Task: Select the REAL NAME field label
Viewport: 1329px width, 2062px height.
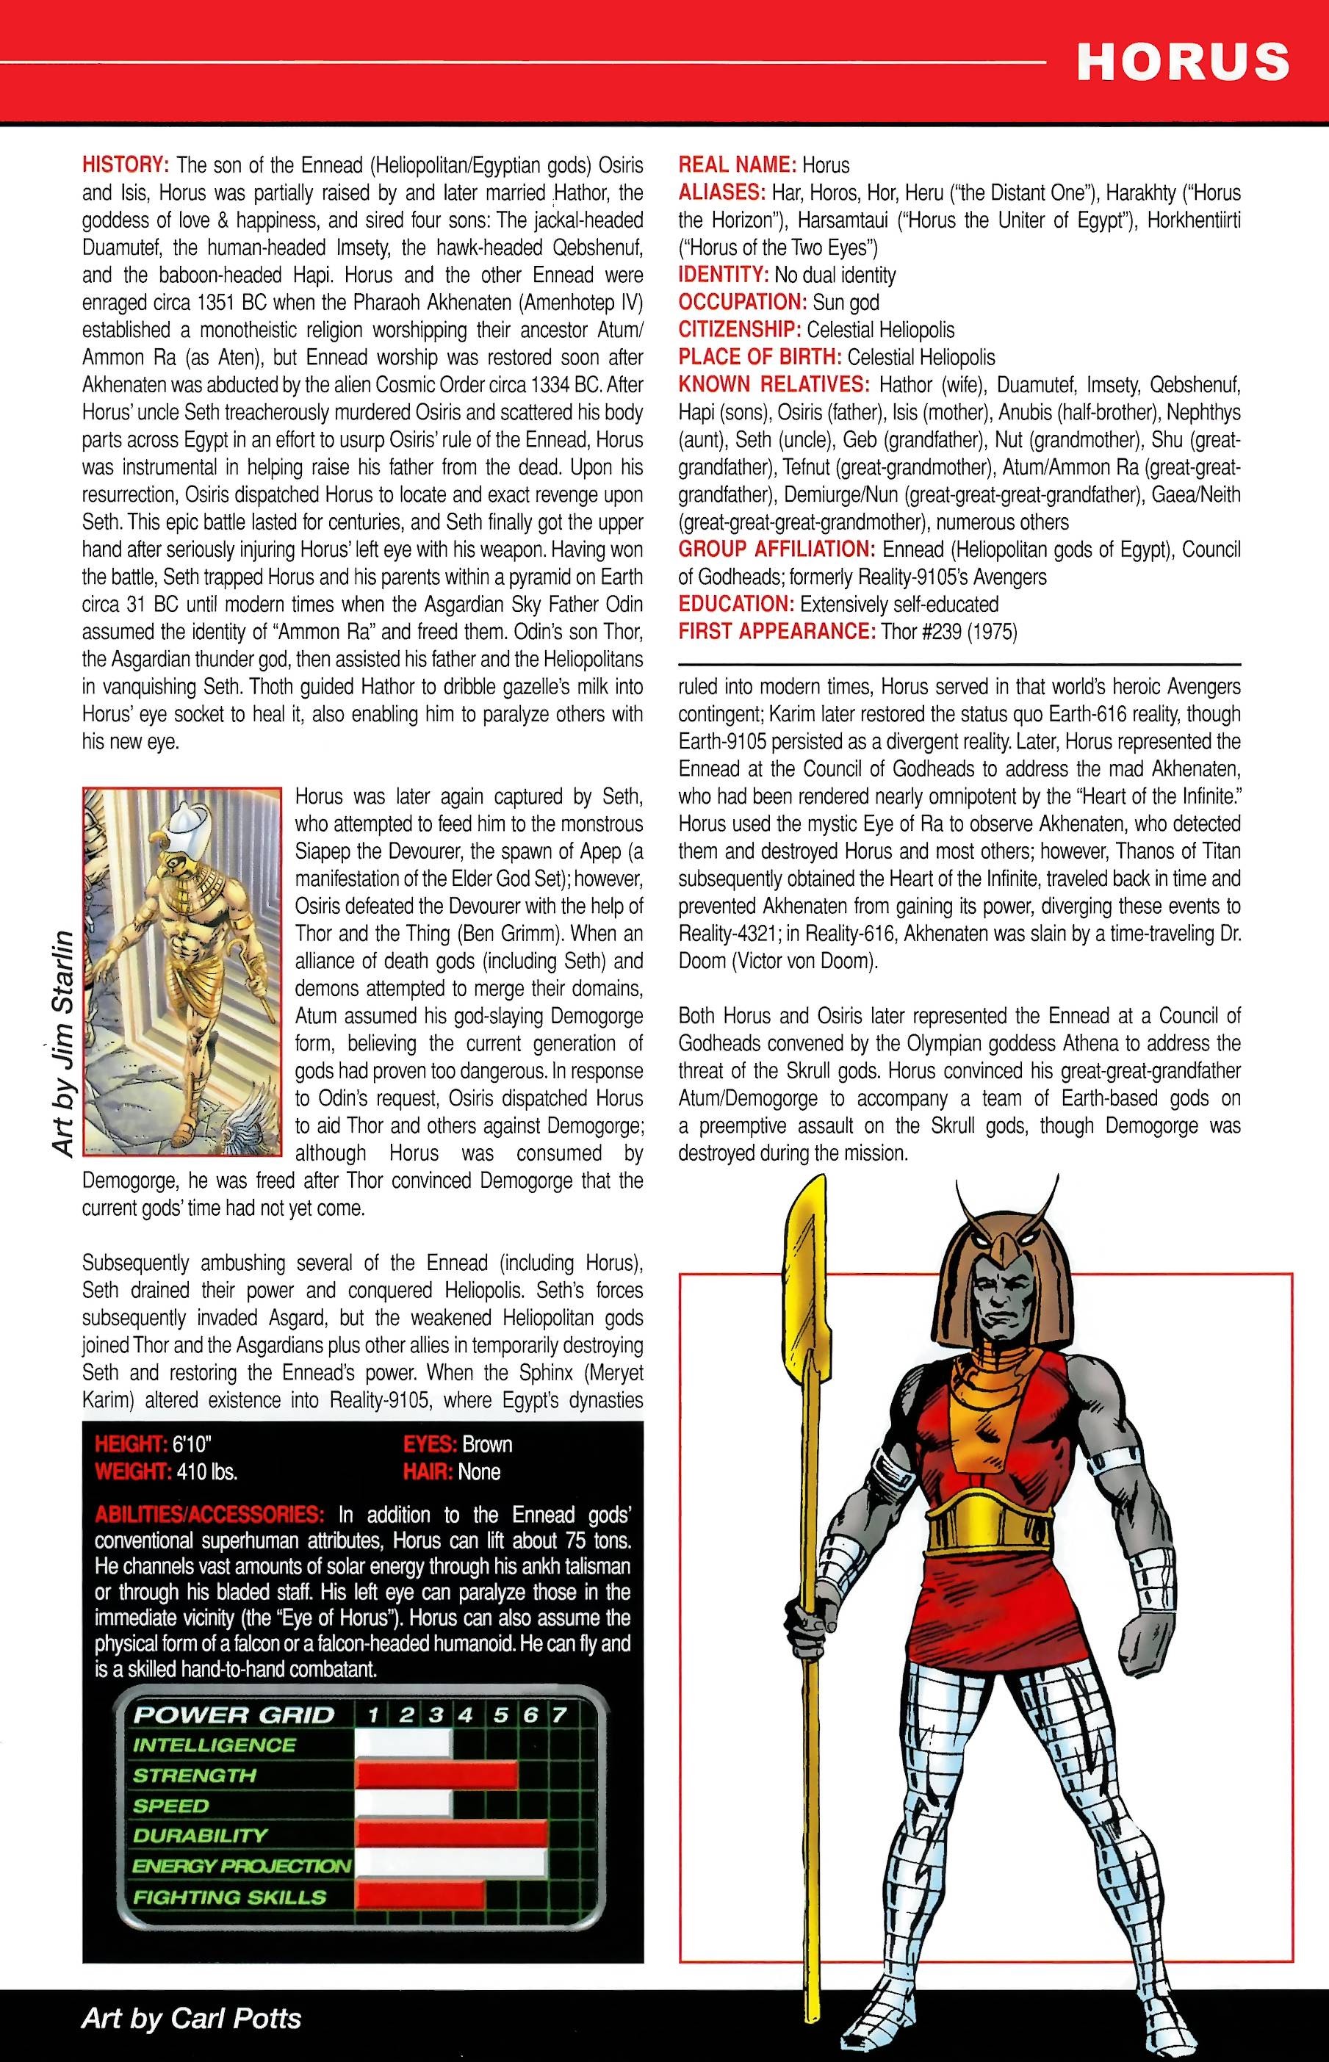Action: pyautogui.click(x=737, y=165)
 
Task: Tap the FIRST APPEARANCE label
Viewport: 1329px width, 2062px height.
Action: pyautogui.click(x=777, y=632)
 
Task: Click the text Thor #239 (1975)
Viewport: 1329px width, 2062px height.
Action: pyautogui.click(x=948, y=632)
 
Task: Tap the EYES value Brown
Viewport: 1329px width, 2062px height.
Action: pyautogui.click(x=487, y=1444)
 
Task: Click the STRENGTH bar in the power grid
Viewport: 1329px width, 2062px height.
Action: pyautogui.click(x=436, y=1775)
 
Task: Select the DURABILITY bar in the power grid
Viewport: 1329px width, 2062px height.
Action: pyautogui.click(x=451, y=1834)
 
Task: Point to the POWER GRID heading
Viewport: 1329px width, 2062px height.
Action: pyautogui.click(x=233, y=1715)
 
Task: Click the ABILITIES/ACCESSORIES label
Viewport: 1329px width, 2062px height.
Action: pyautogui.click(x=209, y=1514)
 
